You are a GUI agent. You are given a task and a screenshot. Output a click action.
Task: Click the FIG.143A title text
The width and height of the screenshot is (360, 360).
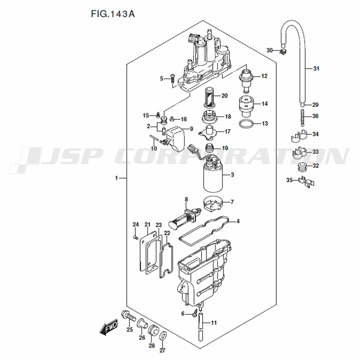coord(113,14)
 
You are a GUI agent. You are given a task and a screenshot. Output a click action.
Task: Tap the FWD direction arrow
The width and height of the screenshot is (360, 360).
coord(109,327)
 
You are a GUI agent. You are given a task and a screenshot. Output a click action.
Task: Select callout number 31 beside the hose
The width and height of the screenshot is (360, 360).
coord(316,68)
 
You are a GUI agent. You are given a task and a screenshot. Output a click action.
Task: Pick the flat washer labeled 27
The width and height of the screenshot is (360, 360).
coord(163,336)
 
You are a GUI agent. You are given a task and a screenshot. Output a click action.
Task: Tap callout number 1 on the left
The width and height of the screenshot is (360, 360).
coord(116,178)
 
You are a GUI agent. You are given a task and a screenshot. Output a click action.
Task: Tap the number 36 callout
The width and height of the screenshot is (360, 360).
coord(315,116)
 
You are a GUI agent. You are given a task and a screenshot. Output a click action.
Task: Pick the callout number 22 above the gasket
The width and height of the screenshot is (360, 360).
coord(167,233)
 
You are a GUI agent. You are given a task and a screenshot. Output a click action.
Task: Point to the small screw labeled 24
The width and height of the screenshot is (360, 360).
coord(135,237)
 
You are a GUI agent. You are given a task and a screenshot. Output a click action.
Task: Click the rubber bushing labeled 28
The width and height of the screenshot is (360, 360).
coord(152,331)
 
